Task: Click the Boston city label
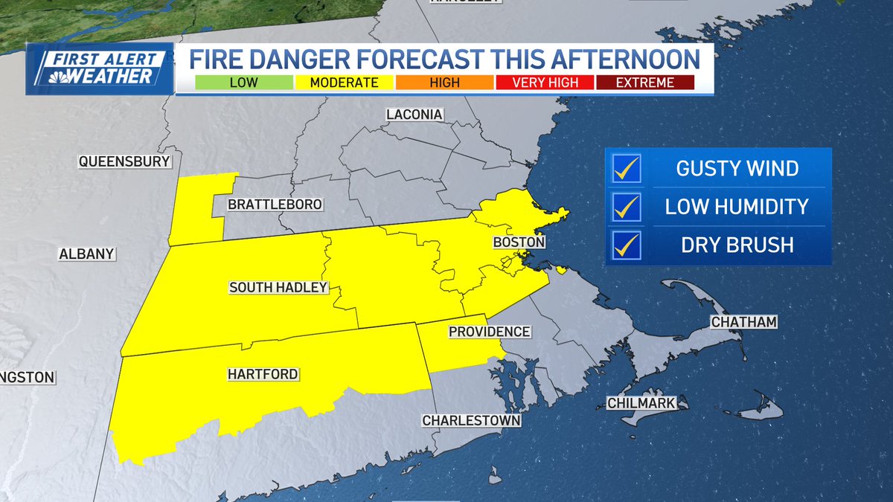click(519, 243)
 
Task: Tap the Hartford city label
click(263, 375)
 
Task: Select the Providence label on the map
click(489, 332)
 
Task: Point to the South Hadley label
click(278, 288)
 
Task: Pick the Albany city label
click(87, 254)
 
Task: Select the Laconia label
click(415, 115)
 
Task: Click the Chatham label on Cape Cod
click(743, 322)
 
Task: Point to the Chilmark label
click(641, 403)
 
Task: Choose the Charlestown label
click(471, 421)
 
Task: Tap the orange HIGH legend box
click(444, 83)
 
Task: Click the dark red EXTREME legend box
click(644, 83)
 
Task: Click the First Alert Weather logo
click(99, 69)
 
